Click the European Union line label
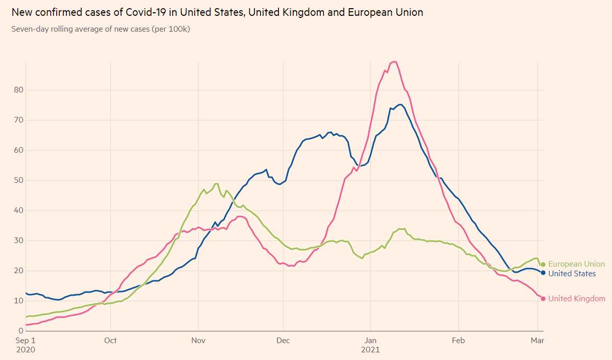(x=576, y=264)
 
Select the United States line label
(x=572, y=274)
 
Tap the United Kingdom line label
(x=576, y=299)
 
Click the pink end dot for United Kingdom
(x=543, y=299)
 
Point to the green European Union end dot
(x=543, y=264)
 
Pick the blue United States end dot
(x=543, y=273)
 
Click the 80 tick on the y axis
(x=18, y=90)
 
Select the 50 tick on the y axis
(x=18, y=180)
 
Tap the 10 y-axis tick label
(x=18, y=301)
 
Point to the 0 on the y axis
(x=20, y=331)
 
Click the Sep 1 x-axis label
(x=26, y=340)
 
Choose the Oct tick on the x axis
(x=110, y=340)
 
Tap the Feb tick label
(x=458, y=340)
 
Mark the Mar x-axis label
(x=537, y=340)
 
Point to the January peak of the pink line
(x=394, y=62)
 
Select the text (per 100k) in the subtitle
(x=171, y=29)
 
